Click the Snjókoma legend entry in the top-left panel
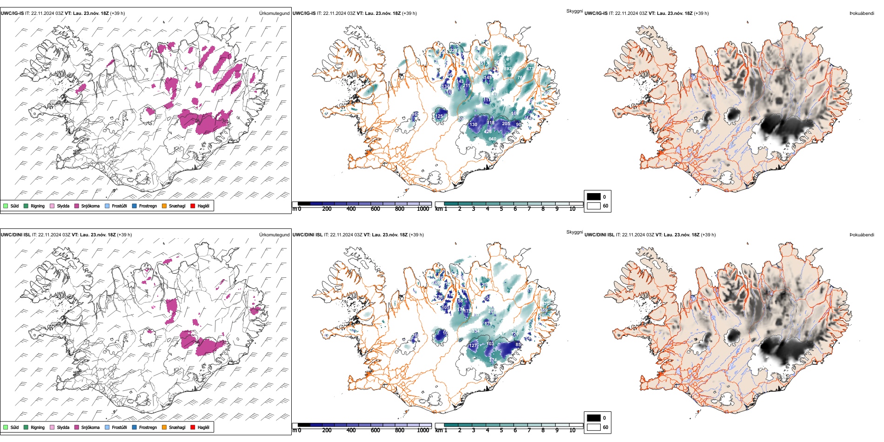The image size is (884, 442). [90, 206]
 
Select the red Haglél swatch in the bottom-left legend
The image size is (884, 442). [193, 427]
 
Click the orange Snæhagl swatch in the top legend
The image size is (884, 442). [164, 206]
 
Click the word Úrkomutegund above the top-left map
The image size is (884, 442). [274, 13]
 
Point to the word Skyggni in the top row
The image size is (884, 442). [574, 11]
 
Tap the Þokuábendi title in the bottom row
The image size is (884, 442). [862, 235]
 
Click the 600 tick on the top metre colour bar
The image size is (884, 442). [375, 209]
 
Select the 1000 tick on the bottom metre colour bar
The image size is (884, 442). [423, 430]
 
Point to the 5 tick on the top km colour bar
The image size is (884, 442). [501, 209]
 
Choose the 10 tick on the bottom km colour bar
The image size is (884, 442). [572, 430]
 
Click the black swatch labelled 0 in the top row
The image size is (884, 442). [594, 197]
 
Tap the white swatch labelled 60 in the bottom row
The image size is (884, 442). [594, 427]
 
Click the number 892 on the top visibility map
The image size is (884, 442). [508, 69]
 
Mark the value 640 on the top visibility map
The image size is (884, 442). [492, 139]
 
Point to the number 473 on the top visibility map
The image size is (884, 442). [530, 69]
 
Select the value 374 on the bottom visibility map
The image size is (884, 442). [493, 360]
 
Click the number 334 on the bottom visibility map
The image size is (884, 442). [475, 331]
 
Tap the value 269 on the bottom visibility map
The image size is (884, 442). [543, 310]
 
